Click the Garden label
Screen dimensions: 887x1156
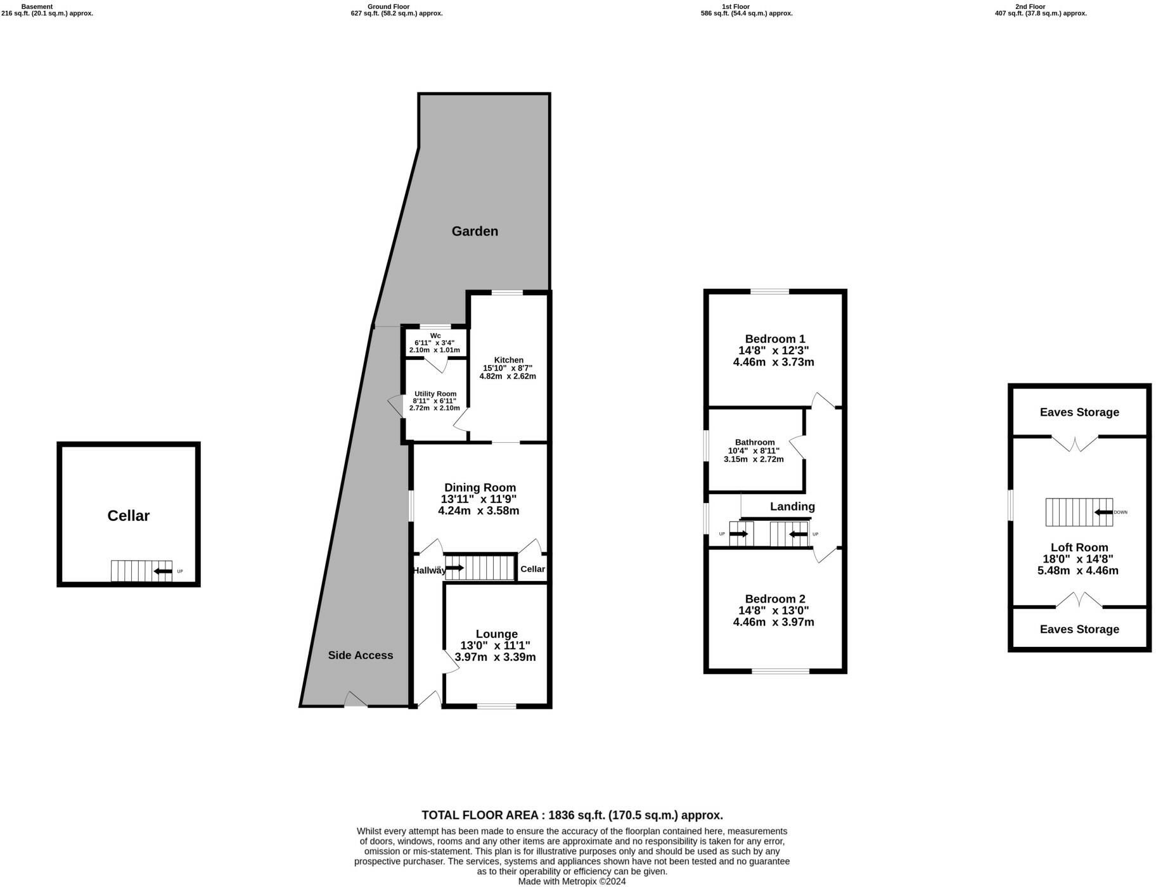(x=475, y=231)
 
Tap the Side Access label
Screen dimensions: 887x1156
(x=360, y=655)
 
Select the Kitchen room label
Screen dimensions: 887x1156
(x=508, y=360)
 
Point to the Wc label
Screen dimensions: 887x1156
(x=435, y=336)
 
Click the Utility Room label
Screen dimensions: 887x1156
(x=435, y=393)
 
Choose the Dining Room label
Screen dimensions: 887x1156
(x=480, y=487)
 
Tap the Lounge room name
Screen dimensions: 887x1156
(x=496, y=634)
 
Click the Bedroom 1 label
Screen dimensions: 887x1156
(x=774, y=339)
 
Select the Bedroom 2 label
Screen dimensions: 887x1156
(x=774, y=599)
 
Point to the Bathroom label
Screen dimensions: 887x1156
(x=754, y=442)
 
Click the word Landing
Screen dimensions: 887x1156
(x=792, y=506)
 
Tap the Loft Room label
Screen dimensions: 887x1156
(x=1079, y=547)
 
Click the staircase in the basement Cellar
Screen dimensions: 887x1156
(x=141, y=571)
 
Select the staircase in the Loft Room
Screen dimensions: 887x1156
(x=1078, y=512)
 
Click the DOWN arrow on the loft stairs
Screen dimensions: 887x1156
(x=1104, y=512)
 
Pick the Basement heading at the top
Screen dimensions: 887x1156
(x=37, y=6)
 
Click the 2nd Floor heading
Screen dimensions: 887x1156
(x=1030, y=6)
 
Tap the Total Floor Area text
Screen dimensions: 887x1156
(x=572, y=815)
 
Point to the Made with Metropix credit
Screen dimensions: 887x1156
(x=572, y=881)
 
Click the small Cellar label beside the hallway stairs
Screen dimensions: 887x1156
(x=532, y=569)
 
